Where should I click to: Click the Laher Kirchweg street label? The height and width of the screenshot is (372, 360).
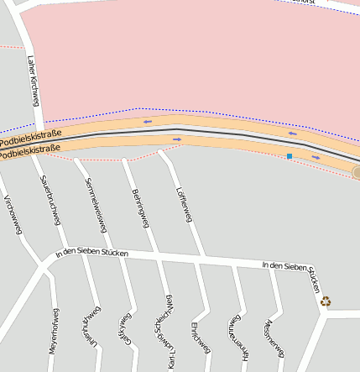tap(34, 81)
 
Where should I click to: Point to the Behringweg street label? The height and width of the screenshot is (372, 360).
tap(140, 207)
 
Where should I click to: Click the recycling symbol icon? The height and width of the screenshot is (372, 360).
tap(326, 301)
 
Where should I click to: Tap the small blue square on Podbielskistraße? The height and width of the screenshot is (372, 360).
tap(290, 156)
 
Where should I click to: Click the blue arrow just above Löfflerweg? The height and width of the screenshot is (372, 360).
tap(177, 139)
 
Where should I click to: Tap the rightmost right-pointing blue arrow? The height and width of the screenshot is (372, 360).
tap(316, 157)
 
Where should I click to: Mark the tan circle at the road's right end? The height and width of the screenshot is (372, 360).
tap(356, 172)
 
